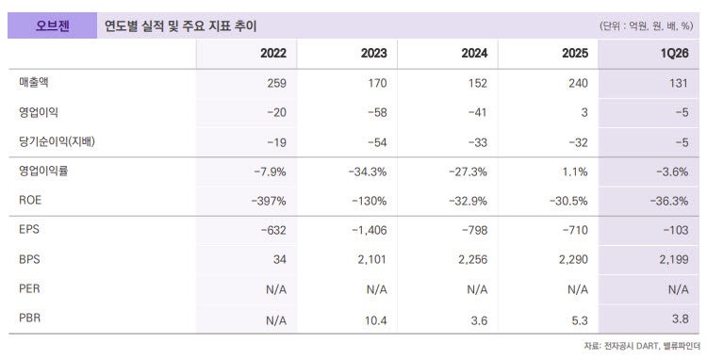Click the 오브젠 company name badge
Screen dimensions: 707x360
point(52,25)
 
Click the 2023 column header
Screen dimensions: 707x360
point(374,53)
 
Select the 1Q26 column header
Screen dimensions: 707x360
point(674,53)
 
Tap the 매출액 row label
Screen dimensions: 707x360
point(33,82)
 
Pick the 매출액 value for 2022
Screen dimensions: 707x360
point(276,83)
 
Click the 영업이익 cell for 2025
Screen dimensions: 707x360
point(584,113)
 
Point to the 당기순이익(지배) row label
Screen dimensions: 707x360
point(57,141)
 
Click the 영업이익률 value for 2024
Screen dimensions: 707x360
point(468,172)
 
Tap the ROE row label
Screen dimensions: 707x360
point(30,200)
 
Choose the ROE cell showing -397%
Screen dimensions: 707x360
point(269,201)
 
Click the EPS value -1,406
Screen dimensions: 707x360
point(370,230)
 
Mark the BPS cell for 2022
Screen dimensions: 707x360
point(280,259)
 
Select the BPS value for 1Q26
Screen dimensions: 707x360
point(674,259)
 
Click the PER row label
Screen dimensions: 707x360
point(29,288)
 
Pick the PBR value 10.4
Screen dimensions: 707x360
point(376,320)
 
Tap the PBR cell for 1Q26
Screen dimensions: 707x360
point(680,319)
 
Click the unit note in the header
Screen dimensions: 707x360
point(646,26)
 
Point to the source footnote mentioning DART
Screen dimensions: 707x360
point(642,346)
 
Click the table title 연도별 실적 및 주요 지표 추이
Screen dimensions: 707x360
point(180,26)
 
